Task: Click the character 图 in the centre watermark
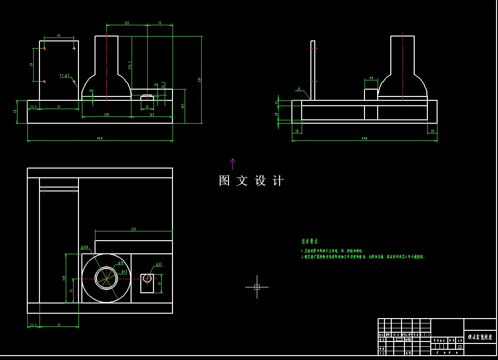click(224, 181)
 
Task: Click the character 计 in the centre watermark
click(278, 181)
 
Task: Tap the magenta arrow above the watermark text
click(232, 163)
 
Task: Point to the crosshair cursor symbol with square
click(257, 287)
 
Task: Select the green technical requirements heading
click(309, 241)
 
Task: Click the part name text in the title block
click(480, 337)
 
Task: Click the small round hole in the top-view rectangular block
click(147, 278)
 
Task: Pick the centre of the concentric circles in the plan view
click(106, 278)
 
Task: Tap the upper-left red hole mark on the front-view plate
click(44, 48)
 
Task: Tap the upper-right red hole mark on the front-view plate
click(74, 48)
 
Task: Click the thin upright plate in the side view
click(313, 71)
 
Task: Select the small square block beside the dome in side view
click(371, 95)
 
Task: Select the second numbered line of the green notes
click(363, 257)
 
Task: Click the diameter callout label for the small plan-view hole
click(159, 265)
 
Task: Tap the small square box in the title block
click(460, 346)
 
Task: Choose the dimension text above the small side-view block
click(371, 78)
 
